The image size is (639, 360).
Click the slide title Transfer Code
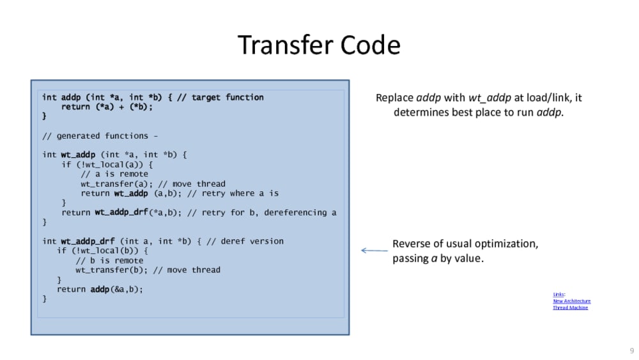[x=319, y=45]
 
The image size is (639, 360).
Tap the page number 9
[x=632, y=351]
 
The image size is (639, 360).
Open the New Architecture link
[x=571, y=301]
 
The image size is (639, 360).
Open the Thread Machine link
[x=570, y=308]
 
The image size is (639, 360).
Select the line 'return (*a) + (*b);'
[x=107, y=107]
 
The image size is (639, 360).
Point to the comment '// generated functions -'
[x=100, y=136]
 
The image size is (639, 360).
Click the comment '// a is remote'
[x=114, y=174]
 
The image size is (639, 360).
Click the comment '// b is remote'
[x=109, y=260]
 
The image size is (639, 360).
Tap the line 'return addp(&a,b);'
[x=100, y=289]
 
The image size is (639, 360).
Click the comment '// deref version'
[x=245, y=241]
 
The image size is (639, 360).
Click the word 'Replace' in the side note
[x=394, y=98]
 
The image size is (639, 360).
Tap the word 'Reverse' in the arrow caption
[x=412, y=244]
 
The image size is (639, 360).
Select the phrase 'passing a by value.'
[x=438, y=259]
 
